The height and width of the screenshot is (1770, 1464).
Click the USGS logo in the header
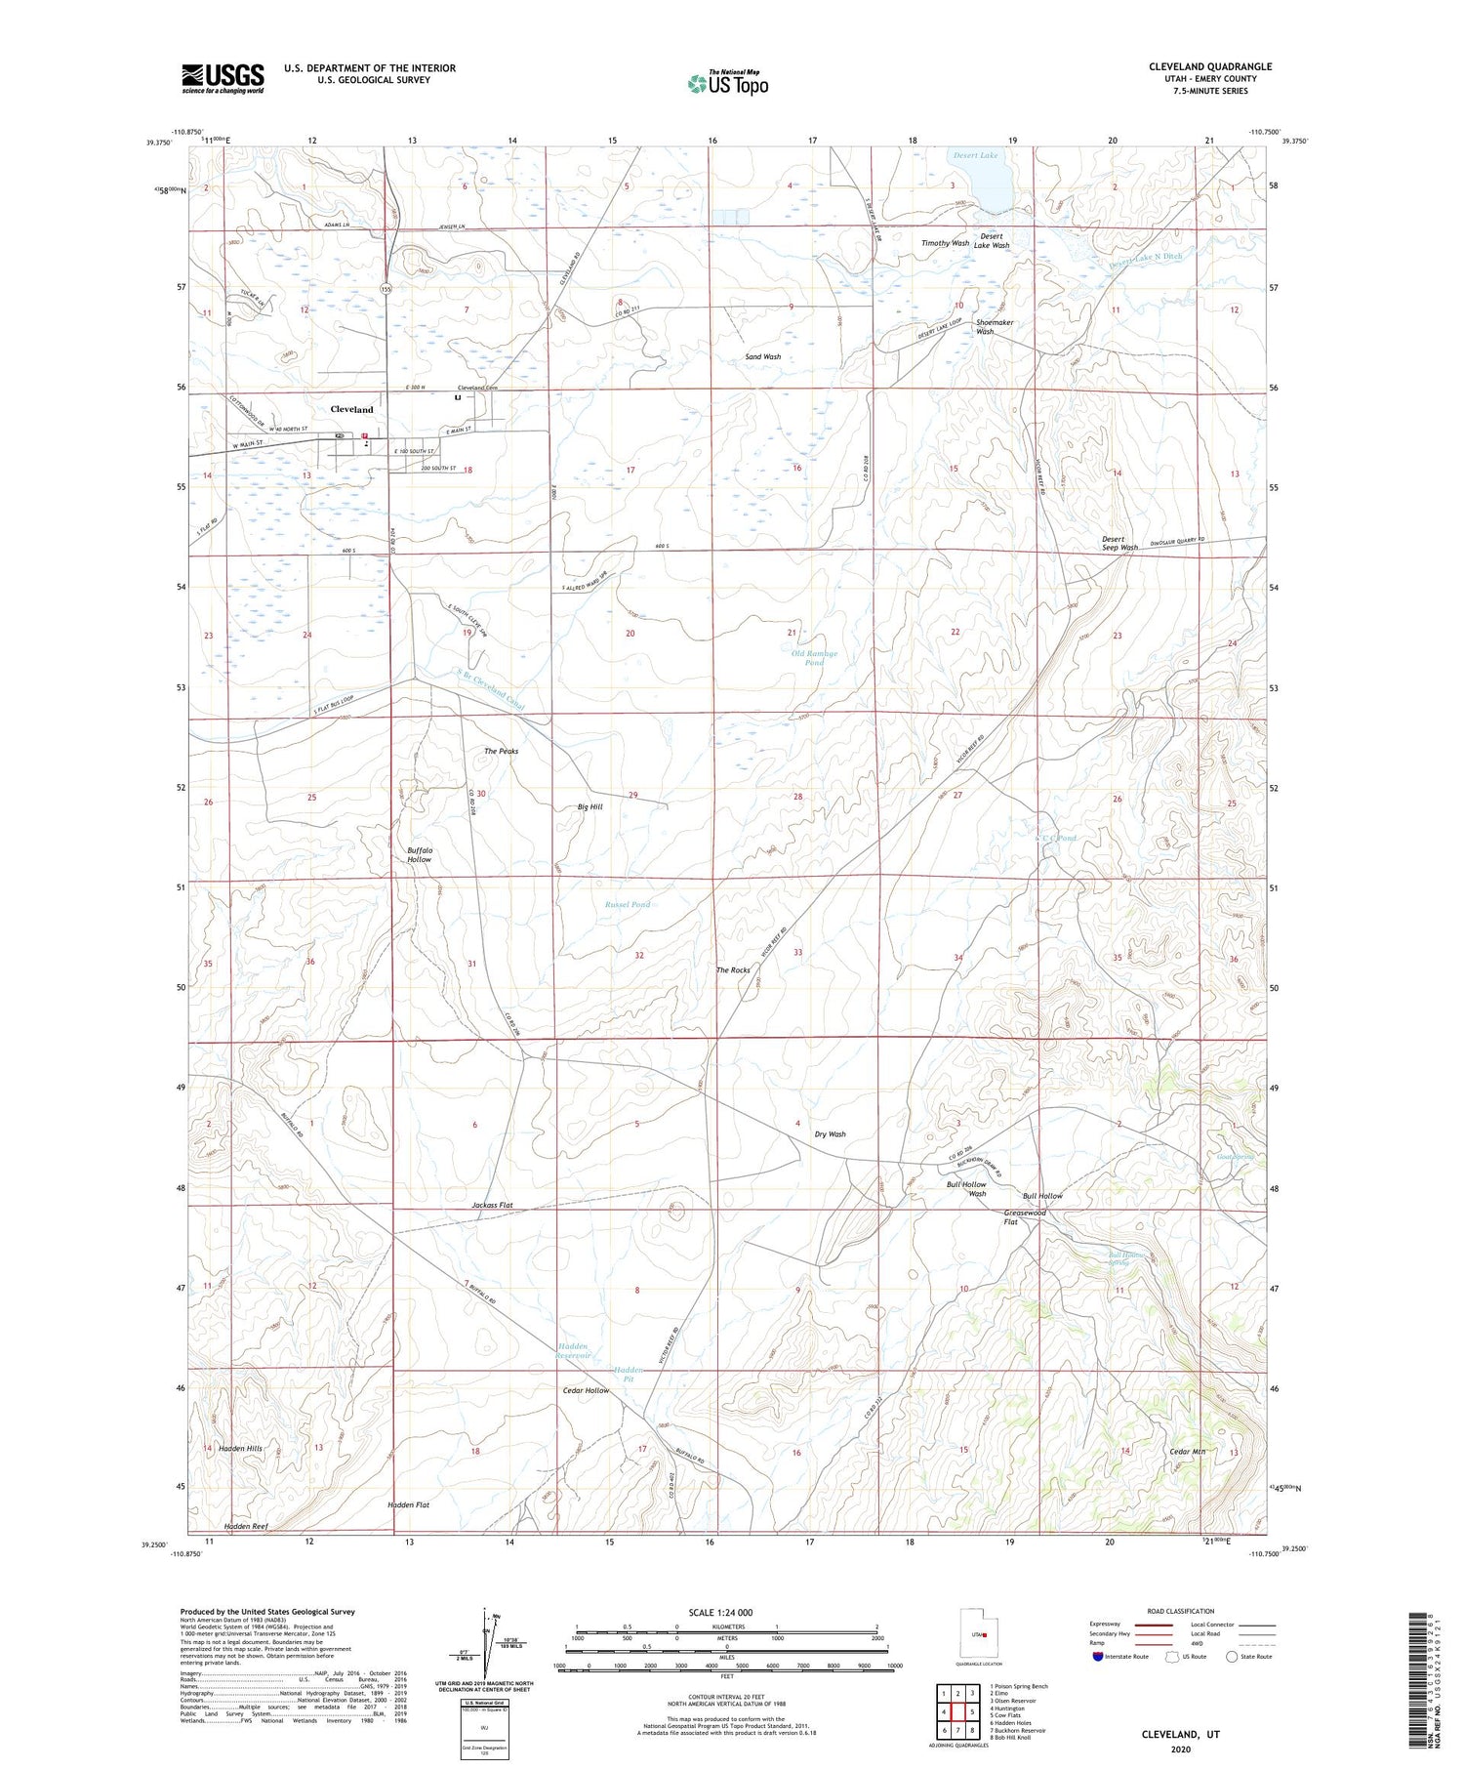223,78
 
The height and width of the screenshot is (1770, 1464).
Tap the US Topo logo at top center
728,83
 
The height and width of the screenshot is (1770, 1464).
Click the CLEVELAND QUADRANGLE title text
1210,67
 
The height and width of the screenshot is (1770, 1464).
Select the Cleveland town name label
351,409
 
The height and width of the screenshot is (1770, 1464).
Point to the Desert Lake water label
975,156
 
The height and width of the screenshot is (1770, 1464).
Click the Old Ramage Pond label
814,658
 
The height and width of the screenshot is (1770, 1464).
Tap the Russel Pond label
627,904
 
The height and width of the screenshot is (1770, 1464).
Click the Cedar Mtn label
1188,1452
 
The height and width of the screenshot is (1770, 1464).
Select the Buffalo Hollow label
419,854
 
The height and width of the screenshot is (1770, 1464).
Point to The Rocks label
733,969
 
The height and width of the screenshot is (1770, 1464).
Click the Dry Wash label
830,1134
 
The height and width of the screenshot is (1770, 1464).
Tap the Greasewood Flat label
1025,1217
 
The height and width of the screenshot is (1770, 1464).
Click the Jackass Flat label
492,1206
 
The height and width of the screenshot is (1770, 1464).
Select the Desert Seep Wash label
1119,543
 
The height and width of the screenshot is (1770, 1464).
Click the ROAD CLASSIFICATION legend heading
1181,1611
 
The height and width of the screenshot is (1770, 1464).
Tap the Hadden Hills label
240,1449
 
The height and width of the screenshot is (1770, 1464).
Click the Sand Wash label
762,357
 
